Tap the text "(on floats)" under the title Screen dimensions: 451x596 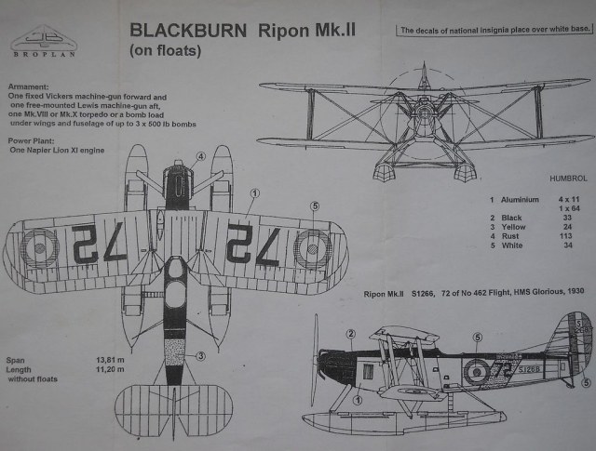tap(166, 51)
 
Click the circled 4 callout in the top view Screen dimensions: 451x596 tap(200, 157)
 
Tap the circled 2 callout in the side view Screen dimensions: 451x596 tap(351, 333)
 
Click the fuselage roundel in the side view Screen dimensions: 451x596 tap(475, 373)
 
